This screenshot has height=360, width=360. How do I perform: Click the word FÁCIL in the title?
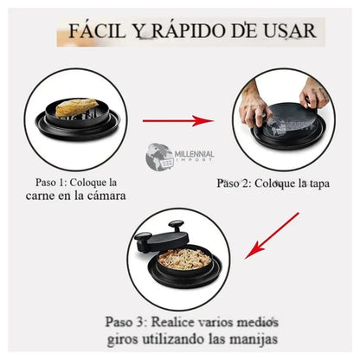coord(97,30)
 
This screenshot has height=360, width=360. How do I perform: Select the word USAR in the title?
coord(289,31)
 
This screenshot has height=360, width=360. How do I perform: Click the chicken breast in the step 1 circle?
coord(77,107)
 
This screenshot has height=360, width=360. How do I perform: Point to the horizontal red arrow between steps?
coord(178,120)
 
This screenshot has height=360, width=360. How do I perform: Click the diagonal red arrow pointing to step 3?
coord(272,235)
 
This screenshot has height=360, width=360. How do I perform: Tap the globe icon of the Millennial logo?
coord(158,157)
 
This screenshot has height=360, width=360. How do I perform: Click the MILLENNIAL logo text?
coord(194,154)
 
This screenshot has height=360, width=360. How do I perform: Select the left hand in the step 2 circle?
coord(254,106)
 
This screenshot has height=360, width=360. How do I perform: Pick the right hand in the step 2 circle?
coord(313,93)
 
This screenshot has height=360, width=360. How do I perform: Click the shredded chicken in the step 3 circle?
coord(184,258)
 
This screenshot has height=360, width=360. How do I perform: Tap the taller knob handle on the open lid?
coord(176,225)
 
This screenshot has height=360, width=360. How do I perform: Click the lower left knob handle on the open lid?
coord(142,238)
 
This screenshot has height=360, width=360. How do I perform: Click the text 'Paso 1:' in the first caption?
coord(50,183)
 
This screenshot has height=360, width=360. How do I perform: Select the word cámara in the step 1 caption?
coord(106,196)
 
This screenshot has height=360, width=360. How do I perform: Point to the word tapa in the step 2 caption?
coord(318,183)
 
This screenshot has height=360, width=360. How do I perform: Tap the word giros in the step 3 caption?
coord(122,339)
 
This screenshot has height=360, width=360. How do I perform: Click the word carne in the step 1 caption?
coord(40,196)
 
